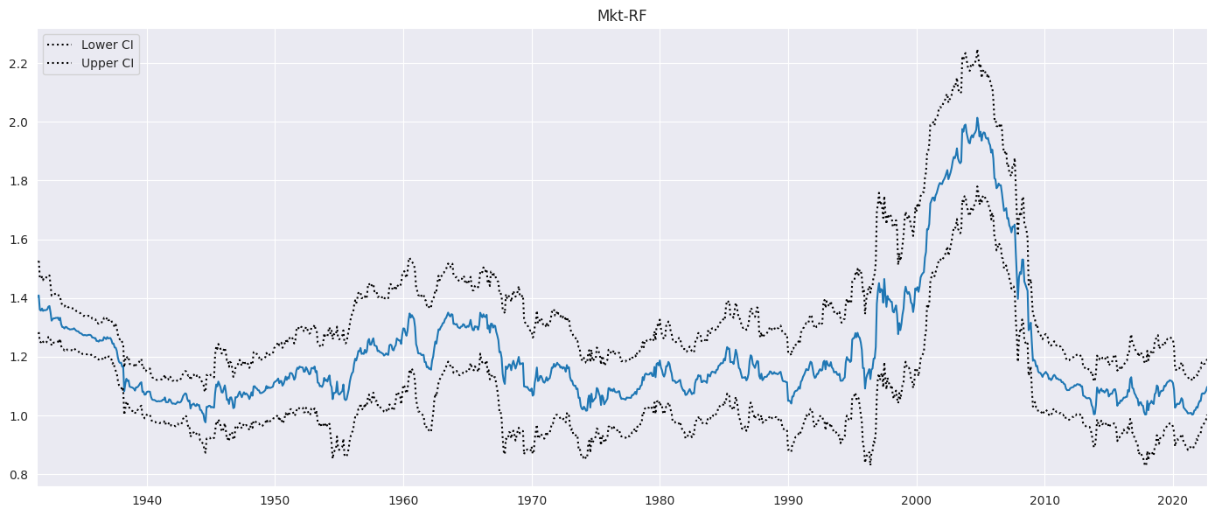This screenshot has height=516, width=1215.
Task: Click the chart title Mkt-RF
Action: (622, 15)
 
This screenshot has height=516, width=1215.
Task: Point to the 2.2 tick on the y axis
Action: (19, 64)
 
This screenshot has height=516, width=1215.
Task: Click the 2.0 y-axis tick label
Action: (19, 122)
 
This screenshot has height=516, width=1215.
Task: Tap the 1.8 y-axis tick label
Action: (19, 181)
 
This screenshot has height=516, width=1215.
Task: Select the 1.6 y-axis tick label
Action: (19, 240)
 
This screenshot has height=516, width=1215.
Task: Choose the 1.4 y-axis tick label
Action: (19, 299)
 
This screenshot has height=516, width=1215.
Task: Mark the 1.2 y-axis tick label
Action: (19, 358)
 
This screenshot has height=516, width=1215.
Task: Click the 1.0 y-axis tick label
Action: (19, 416)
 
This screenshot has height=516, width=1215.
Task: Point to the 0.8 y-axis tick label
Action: (19, 475)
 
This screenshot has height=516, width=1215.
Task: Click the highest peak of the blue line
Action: (977, 118)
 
